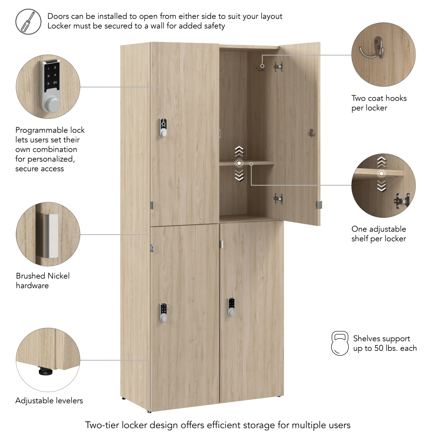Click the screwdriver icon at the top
[x=28, y=22]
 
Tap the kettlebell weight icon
[x=340, y=343]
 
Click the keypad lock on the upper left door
[x=163, y=128]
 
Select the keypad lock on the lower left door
[x=163, y=312]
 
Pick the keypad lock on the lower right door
[x=231, y=307]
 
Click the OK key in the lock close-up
[x=55, y=83]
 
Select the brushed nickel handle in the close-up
[x=51, y=236]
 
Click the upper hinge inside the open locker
[x=278, y=66]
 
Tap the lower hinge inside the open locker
[x=278, y=198]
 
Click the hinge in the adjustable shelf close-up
[x=402, y=200]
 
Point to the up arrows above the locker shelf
[x=239, y=151]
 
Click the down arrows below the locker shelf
[x=239, y=175]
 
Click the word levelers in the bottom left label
[x=69, y=400]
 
